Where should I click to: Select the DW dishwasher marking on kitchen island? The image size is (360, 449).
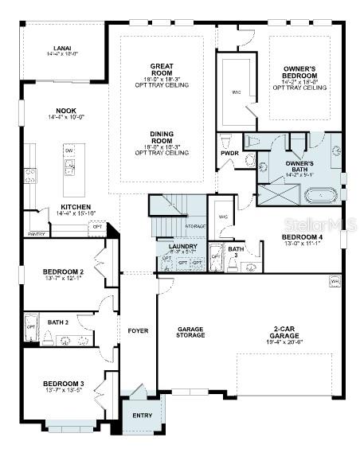[69, 150]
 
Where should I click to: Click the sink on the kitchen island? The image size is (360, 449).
[70, 167]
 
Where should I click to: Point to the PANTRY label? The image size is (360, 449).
[36, 234]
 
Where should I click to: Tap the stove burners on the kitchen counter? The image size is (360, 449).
[30, 174]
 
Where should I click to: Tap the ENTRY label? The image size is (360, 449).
[142, 415]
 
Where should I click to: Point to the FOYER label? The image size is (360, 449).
[139, 330]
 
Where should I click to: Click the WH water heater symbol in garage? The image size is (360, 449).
[335, 281]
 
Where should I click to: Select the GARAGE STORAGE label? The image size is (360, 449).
[190, 332]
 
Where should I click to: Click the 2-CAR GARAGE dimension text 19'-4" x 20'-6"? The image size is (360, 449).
[284, 342]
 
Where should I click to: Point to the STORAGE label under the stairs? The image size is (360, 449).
[196, 227]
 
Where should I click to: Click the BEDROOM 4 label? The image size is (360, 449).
[301, 236]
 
